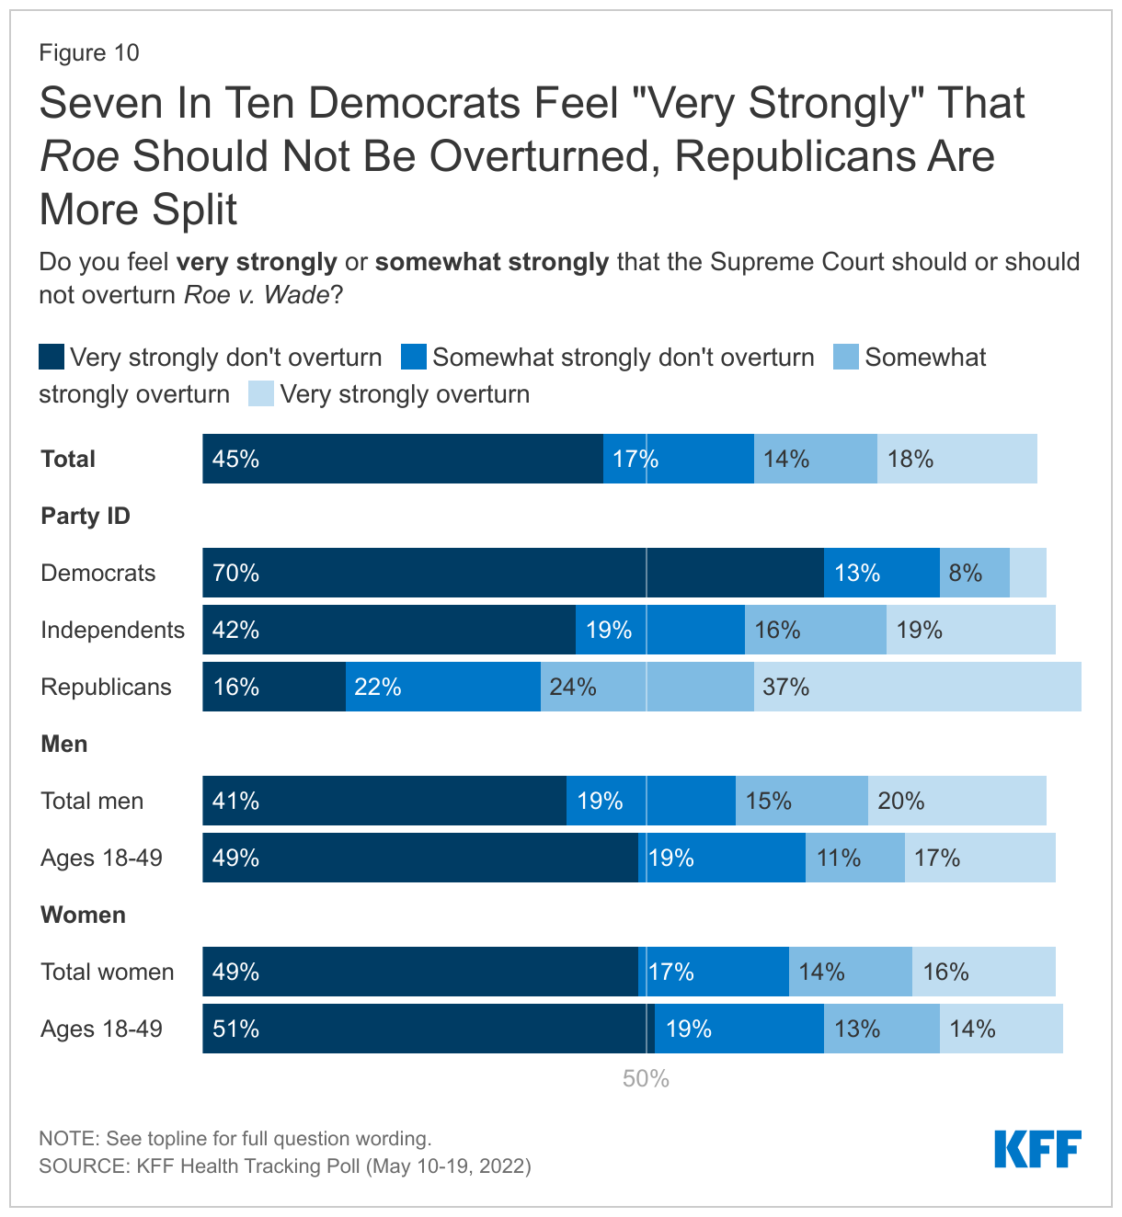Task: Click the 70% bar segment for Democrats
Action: click(x=513, y=573)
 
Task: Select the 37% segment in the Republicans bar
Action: click(x=917, y=687)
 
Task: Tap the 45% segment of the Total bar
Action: click(x=403, y=459)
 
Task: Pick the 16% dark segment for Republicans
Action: click(x=274, y=687)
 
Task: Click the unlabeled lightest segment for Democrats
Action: click(x=1027, y=573)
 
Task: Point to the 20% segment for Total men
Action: click(x=956, y=801)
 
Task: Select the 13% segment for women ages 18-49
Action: click(x=881, y=1029)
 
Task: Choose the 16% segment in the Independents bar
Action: click(x=815, y=630)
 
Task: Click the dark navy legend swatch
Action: click(x=52, y=357)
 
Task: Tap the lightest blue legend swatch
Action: click(x=261, y=393)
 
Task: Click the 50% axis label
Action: click(x=646, y=1079)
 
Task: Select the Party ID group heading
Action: click(x=86, y=516)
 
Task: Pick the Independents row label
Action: click(x=112, y=630)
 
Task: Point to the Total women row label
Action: click(x=107, y=972)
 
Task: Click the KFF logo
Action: click(x=1037, y=1150)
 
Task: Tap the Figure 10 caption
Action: click(x=89, y=52)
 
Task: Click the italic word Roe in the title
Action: click(x=79, y=156)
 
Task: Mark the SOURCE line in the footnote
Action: click(x=285, y=1166)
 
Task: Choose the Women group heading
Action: click(x=83, y=915)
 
